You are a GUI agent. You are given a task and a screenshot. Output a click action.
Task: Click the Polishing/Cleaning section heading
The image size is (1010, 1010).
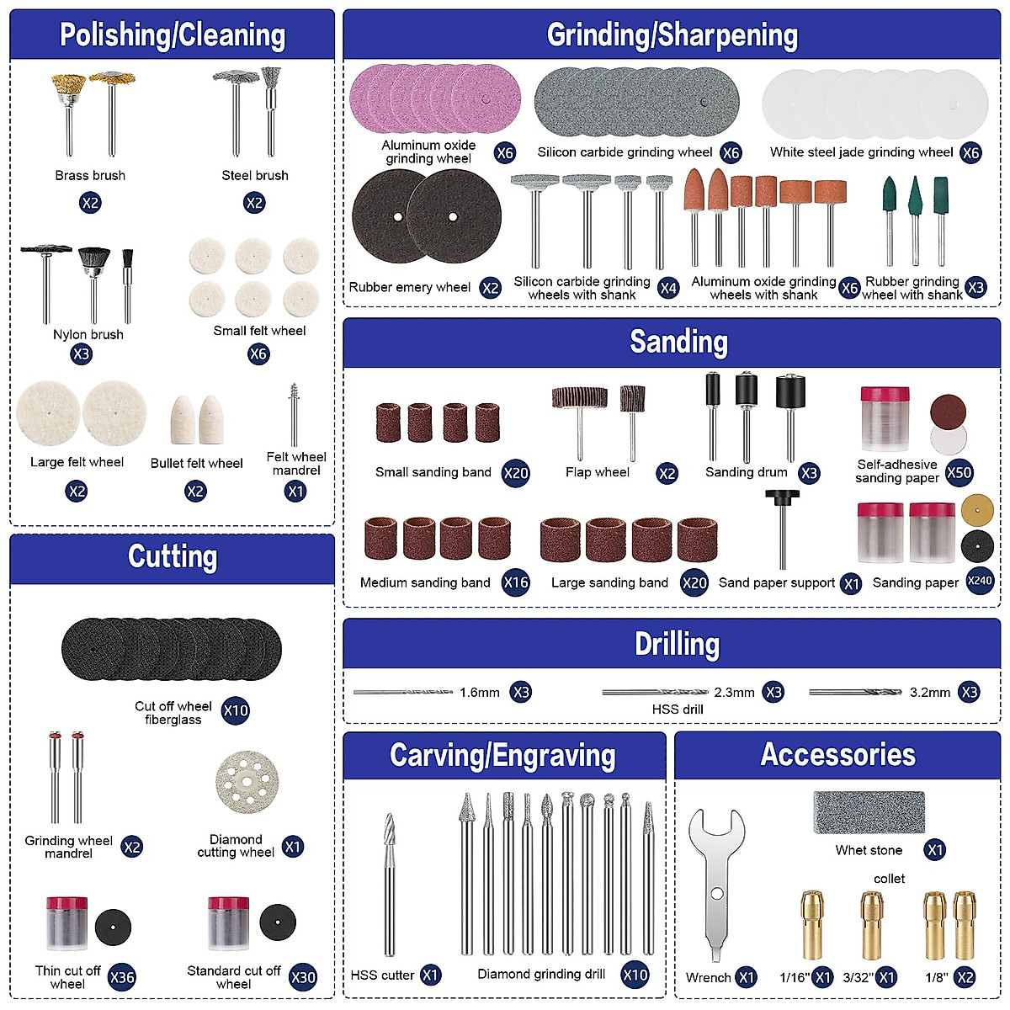pyautogui.click(x=173, y=35)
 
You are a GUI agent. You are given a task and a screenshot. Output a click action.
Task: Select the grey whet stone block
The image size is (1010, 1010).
pyautogui.click(x=869, y=812)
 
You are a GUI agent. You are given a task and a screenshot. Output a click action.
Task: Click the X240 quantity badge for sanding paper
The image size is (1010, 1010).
pyautogui.click(x=981, y=581)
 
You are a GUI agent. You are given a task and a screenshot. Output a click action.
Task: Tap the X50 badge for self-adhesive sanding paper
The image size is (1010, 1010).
pyautogui.click(x=959, y=472)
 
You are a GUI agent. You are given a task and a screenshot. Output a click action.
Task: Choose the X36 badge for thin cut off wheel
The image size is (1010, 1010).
pyautogui.click(x=122, y=977)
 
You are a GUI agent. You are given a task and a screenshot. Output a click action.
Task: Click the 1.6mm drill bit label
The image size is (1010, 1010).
pyautogui.click(x=480, y=693)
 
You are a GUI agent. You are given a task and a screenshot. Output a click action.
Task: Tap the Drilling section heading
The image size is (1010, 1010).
pyautogui.click(x=677, y=645)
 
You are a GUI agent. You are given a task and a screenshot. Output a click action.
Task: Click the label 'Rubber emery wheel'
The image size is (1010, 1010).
pyautogui.click(x=410, y=288)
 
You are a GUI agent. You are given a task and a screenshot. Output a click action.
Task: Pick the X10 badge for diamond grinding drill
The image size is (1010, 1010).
pyautogui.click(x=635, y=975)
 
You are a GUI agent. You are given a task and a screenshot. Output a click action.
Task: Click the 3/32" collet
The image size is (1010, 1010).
pyautogui.click(x=872, y=926)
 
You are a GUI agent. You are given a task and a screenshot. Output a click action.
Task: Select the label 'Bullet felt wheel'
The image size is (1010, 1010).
pyautogui.click(x=196, y=463)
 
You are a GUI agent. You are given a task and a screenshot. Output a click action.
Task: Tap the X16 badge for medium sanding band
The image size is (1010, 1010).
pyautogui.click(x=515, y=582)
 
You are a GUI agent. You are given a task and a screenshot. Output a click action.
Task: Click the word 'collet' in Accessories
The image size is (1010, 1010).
pyautogui.click(x=889, y=879)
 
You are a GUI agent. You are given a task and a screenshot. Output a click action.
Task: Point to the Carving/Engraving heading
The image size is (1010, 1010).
pyautogui.click(x=502, y=756)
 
